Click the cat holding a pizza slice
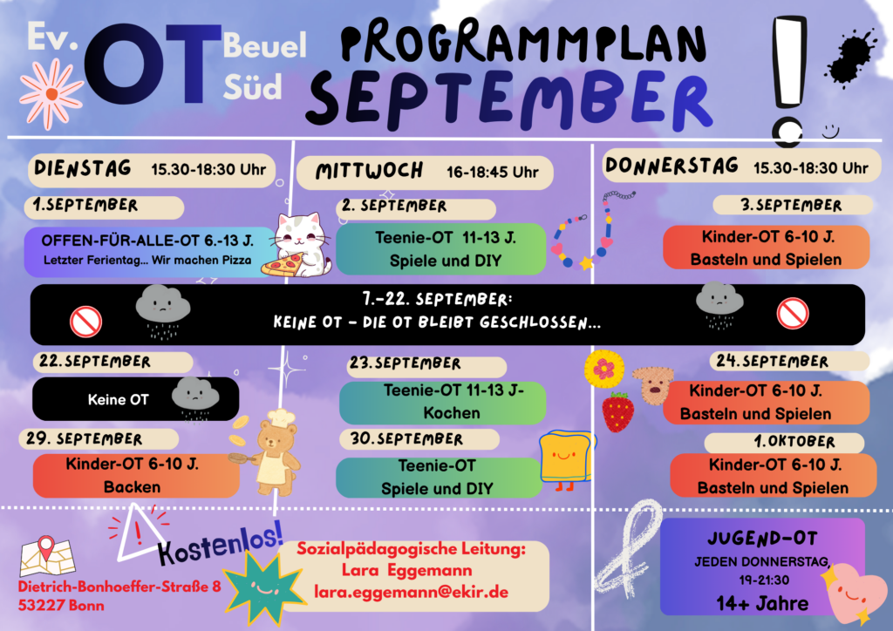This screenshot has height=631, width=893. click(x=299, y=245)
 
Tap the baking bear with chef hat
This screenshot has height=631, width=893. click(x=269, y=452)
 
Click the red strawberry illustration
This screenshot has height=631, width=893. click(x=618, y=410)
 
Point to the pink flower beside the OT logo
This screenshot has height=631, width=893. click(x=51, y=94)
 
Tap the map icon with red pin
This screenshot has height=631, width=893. click(x=48, y=556)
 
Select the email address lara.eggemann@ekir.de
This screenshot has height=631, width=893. click(x=411, y=593)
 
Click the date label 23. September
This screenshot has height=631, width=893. click(x=405, y=363)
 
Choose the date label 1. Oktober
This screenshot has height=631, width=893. click(x=794, y=442)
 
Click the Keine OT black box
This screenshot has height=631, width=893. click(x=135, y=399)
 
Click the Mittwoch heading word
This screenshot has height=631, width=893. click(x=369, y=171)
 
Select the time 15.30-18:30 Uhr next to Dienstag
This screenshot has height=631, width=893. click(x=208, y=170)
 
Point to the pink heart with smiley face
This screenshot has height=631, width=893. click(x=849, y=594)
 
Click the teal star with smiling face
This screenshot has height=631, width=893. click(x=263, y=587)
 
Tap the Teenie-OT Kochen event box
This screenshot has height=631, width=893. click(x=442, y=403)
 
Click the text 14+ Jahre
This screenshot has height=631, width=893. click(x=762, y=604)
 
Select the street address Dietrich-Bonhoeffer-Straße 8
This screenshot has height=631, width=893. click(x=119, y=587)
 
